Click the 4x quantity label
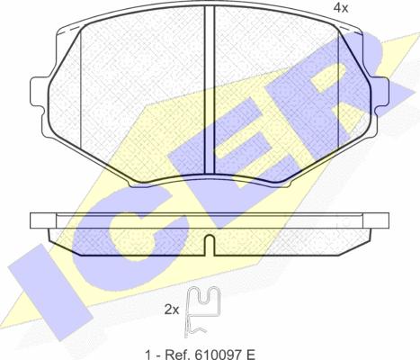341,8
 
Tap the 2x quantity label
172,310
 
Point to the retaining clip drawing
202,312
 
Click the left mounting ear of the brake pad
40,92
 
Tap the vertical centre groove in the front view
210,90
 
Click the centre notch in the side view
210,245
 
